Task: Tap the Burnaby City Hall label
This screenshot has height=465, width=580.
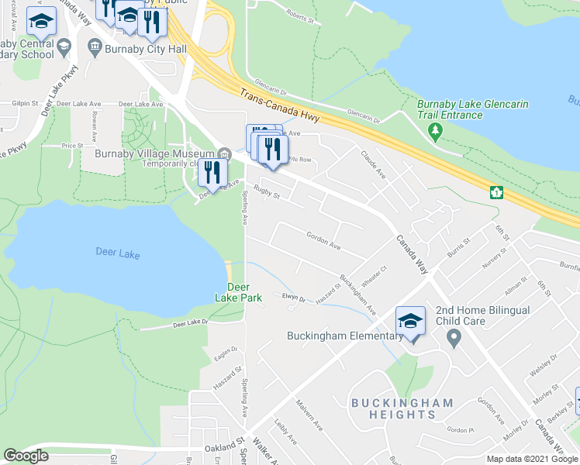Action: tap(147, 49)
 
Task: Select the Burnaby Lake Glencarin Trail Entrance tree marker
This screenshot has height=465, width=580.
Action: tap(436, 133)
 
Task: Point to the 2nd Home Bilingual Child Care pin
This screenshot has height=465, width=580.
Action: tap(454, 338)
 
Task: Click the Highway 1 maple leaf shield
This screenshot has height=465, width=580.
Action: tap(494, 191)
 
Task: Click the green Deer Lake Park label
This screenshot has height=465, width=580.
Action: tap(238, 292)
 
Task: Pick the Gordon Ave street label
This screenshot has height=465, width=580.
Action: tap(323, 240)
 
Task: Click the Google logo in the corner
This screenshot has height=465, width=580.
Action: tap(26, 456)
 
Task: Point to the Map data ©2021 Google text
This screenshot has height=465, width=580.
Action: tap(532, 459)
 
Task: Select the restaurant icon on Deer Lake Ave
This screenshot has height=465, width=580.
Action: tap(212, 174)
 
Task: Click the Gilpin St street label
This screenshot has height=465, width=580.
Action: tap(25, 103)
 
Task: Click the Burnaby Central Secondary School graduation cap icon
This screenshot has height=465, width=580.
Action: tap(42, 22)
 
